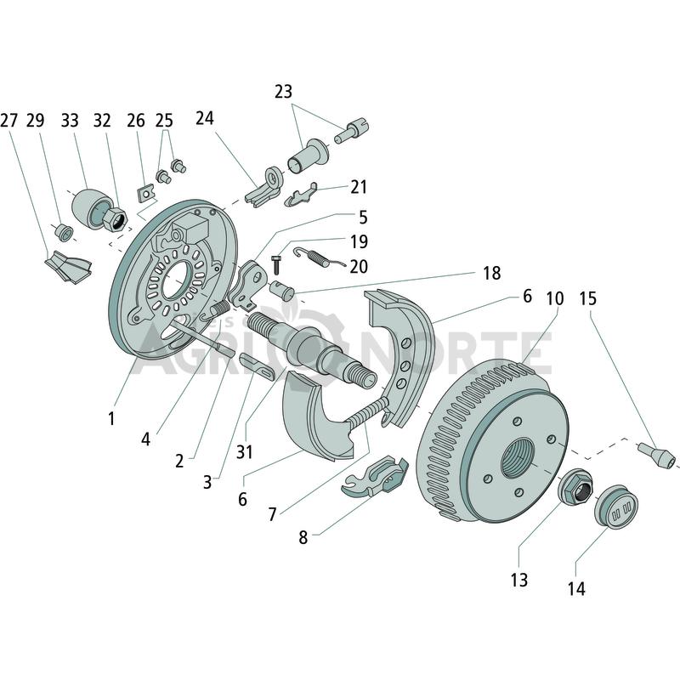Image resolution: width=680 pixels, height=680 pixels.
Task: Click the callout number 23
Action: pyautogui.click(x=283, y=92)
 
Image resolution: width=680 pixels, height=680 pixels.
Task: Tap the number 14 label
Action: pyautogui.click(x=576, y=588)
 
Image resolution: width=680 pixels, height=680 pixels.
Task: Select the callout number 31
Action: pyautogui.click(x=244, y=452)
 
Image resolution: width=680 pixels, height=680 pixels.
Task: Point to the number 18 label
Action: pyautogui.click(x=492, y=273)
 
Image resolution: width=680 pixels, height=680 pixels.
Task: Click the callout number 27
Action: pyautogui.click(x=9, y=120)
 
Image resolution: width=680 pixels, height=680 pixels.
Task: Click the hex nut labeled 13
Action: pyautogui.click(x=575, y=486)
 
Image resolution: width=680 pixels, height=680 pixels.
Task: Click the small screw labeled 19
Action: pyautogui.click(x=275, y=264)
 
